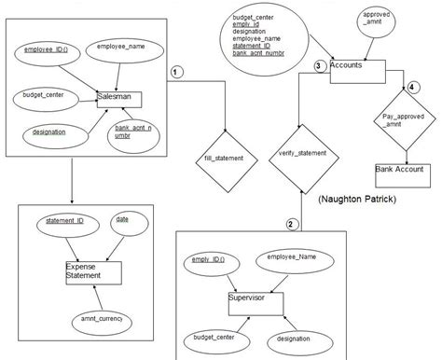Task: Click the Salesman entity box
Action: tap(121, 98)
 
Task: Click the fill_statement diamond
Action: tap(224, 159)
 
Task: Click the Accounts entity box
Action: tap(356, 67)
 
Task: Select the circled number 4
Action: tap(412, 88)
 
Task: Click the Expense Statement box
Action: tap(93, 271)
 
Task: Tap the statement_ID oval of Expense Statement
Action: tap(66, 222)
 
